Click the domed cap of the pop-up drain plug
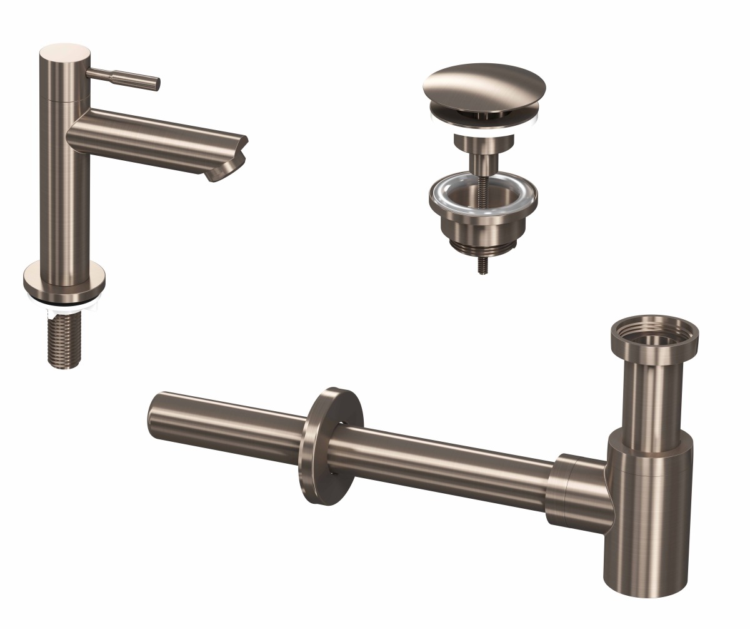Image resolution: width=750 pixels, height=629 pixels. tap(484, 85)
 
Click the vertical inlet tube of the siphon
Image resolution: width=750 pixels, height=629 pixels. tap(652, 394)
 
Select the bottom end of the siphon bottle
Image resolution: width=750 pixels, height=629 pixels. tap(644, 591)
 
